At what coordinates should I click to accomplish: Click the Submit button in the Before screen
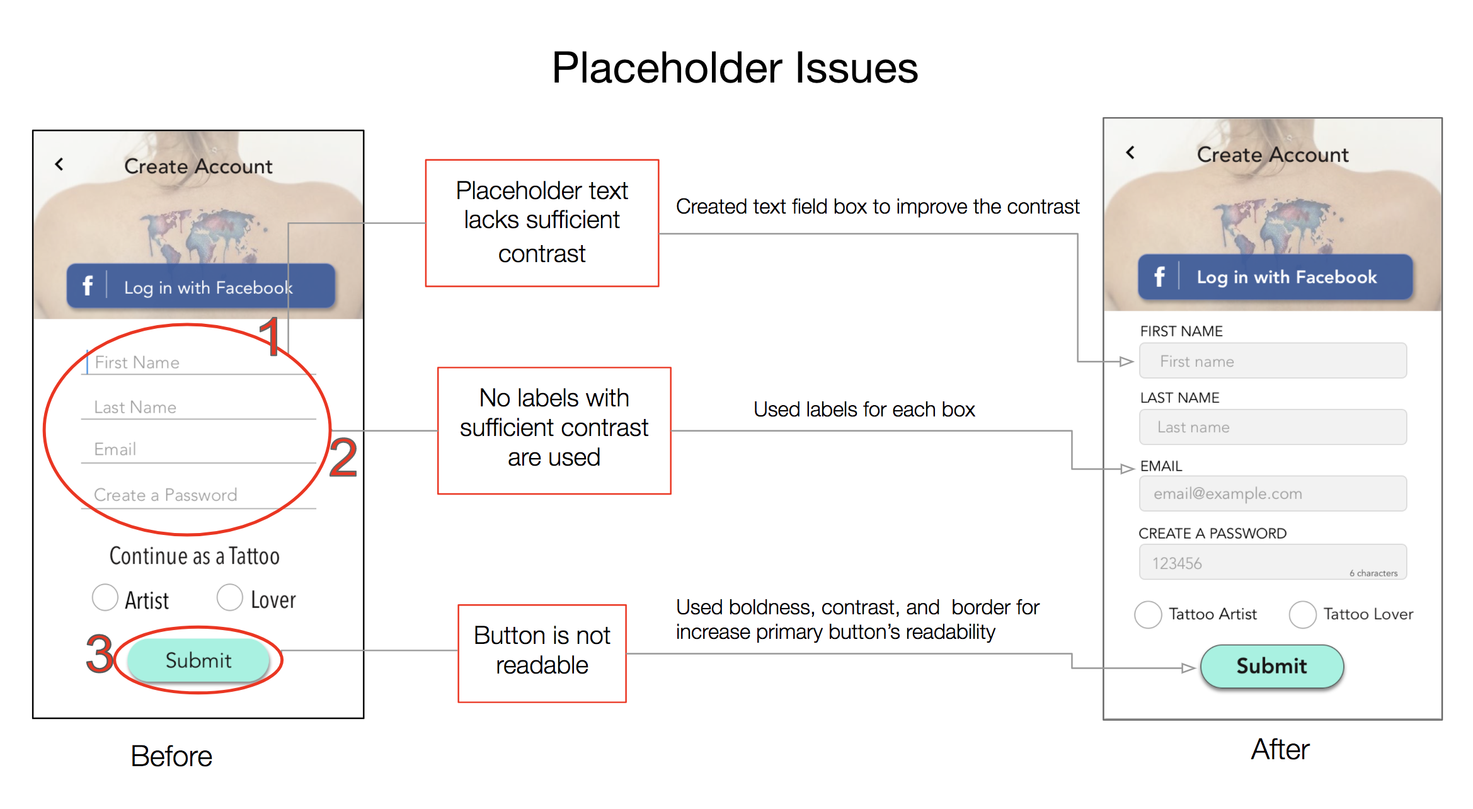pos(198,660)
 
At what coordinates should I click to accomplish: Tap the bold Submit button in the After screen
pos(1271,666)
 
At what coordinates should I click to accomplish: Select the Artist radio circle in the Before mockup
pos(105,597)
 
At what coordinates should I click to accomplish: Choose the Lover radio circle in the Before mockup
pos(229,597)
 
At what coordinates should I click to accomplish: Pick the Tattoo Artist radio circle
pos(1147,614)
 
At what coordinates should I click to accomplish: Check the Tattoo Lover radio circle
pos(1302,614)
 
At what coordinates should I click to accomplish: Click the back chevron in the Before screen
pos(59,164)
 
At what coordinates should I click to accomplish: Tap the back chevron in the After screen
pos(1130,152)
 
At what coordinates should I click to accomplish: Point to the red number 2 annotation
pos(343,457)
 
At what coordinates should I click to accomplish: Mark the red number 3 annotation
pos(100,653)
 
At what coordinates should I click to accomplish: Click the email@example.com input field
pos(1273,493)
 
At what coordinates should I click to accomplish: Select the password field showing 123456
pos(1273,562)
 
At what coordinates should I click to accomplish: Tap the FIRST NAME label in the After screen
pos(1181,331)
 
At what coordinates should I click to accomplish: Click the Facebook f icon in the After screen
pos(1159,277)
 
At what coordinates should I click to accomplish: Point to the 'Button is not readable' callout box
pos(542,653)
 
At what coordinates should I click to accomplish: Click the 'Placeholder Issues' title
pos(735,68)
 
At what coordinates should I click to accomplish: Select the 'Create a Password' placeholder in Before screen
pos(165,495)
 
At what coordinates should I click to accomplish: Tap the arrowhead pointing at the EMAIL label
pos(1127,469)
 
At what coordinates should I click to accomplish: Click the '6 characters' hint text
pos(1373,573)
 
